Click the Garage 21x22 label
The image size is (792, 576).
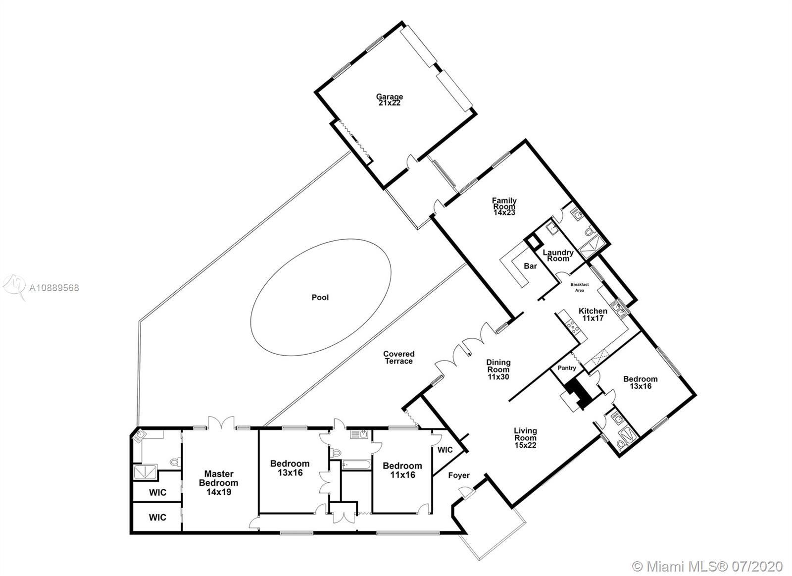389,100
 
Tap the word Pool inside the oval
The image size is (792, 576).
320,298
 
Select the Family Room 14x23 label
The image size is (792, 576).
504,206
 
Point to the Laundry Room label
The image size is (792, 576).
558,255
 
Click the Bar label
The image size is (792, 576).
530,266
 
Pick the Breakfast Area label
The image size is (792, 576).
580,287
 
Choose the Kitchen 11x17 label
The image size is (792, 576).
593,314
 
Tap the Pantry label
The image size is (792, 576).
567,368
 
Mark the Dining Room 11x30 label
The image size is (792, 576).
498,369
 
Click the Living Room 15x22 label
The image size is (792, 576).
525,438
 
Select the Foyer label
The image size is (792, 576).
459,475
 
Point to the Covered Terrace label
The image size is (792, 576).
398,358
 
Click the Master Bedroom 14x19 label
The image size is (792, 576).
218,482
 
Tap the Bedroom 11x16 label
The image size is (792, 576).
402,470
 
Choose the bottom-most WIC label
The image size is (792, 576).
157,517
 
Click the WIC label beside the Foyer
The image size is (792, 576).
445,450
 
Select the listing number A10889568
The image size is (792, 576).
54,288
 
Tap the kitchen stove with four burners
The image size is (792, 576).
572,327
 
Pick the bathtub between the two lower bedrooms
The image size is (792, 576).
356,465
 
